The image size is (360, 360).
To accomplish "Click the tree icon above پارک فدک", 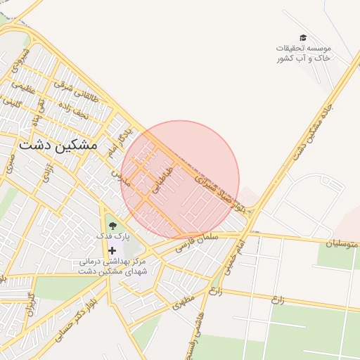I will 112,226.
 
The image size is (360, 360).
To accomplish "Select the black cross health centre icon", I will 112,250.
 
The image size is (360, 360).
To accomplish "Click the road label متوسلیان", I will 342,243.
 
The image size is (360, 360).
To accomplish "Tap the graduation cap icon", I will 303,37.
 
